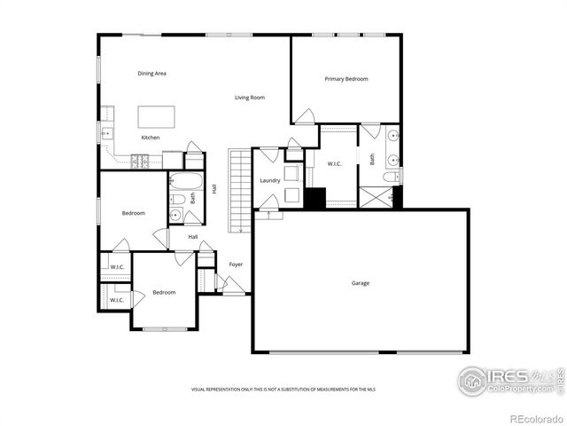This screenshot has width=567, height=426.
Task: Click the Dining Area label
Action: [x=151, y=74]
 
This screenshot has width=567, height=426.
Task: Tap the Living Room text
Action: [x=250, y=98]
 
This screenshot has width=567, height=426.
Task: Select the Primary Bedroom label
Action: [x=346, y=79]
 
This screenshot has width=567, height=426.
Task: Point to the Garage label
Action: [x=360, y=283]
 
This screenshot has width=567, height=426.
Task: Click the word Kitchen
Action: [x=151, y=138]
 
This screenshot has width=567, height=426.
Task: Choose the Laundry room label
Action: [x=270, y=180]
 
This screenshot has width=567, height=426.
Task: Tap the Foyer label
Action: [x=236, y=264]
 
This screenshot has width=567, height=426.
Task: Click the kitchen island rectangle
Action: [x=155, y=117]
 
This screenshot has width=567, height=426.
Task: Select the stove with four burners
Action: [x=141, y=161]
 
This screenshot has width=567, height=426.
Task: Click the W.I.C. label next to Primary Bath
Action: [x=334, y=164]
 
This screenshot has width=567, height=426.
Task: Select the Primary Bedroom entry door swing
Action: [x=305, y=116]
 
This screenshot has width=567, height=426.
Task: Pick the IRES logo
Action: [x=509, y=381]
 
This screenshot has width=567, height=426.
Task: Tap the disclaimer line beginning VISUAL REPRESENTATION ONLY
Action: [x=283, y=390]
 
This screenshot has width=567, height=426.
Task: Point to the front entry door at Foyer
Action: [x=233, y=285]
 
